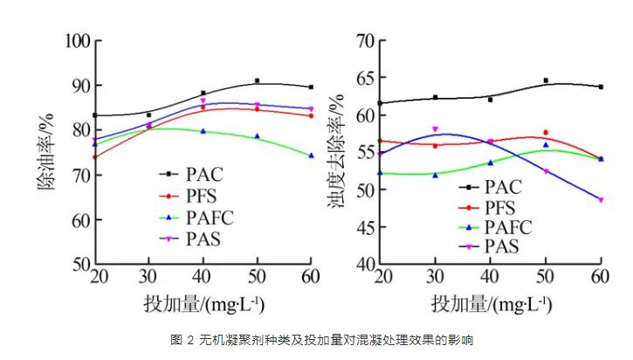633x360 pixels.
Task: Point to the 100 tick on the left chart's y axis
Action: (x=79, y=41)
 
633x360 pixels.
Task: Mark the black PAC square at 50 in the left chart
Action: (x=257, y=80)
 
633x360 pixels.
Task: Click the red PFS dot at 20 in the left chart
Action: (x=94, y=157)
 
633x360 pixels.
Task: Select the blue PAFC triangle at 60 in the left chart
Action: (x=311, y=156)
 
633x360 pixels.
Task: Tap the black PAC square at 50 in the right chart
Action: (x=546, y=80)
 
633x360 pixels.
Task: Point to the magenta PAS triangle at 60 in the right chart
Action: (x=601, y=199)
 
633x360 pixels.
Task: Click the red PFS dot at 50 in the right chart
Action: (x=546, y=132)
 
